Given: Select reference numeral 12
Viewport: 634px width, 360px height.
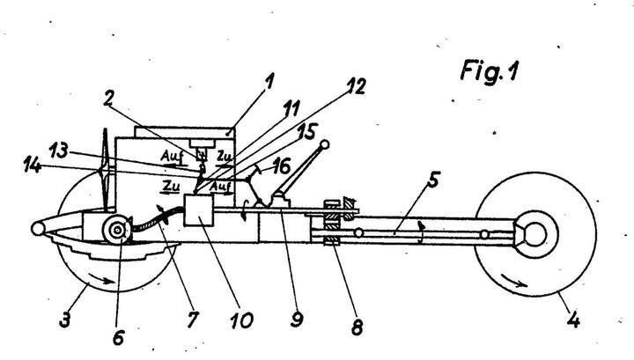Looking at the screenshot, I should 357,87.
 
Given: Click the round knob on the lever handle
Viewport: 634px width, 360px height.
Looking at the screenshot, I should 325,145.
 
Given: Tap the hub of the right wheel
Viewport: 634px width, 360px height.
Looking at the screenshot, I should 534,234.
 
